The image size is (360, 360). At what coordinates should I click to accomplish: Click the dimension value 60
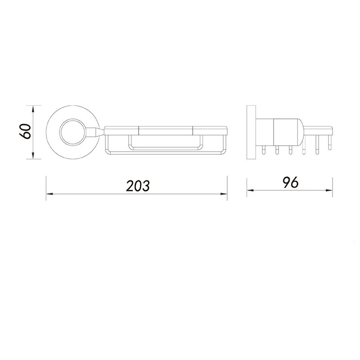pos(25,131)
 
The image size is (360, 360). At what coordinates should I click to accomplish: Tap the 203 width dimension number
pos(138,185)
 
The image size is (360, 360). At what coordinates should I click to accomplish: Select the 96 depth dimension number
pos(290,182)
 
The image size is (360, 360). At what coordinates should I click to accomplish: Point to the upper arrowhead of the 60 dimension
pos(33,108)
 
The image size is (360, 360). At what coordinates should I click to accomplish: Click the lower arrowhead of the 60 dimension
pos(33,156)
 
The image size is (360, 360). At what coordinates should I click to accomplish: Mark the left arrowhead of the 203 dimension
pos(49,194)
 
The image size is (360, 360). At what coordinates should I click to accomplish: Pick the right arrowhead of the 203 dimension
pos(224,194)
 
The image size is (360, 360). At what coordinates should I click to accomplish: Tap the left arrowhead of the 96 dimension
pos(250,190)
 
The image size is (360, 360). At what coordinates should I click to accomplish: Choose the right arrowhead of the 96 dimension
pos(329,190)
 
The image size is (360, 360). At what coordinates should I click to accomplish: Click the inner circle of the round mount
pos(60,132)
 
